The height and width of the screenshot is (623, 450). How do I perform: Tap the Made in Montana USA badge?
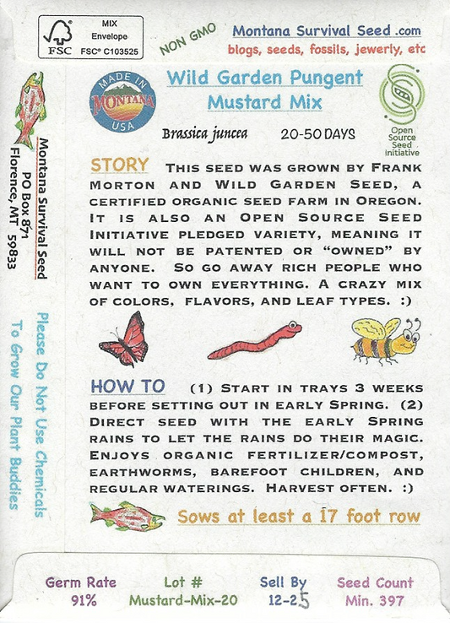(x=122, y=102)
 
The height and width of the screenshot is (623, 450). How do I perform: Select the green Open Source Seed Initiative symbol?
(x=402, y=95)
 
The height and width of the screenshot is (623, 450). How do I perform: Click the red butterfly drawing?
(x=123, y=339)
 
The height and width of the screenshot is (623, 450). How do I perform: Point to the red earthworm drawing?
(x=254, y=340)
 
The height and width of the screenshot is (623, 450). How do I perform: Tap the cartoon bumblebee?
(x=386, y=341)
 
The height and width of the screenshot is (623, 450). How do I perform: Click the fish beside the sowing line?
(x=127, y=516)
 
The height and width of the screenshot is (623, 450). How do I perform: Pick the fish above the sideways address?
(x=30, y=109)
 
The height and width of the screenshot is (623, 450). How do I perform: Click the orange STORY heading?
(x=120, y=165)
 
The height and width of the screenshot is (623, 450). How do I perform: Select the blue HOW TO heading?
(x=127, y=386)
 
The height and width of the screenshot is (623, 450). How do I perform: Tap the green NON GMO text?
(x=188, y=39)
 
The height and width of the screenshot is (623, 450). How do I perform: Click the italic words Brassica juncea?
(x=204, y=134)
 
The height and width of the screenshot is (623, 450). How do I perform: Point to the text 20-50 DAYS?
(x=318, y=134)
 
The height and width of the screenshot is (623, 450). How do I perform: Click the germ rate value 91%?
(x=84, y=600)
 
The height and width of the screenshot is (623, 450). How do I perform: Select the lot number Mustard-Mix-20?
(x=183, y=600)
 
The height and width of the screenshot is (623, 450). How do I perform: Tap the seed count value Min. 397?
(x=375, y=600)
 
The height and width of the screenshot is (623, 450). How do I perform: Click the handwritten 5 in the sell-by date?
(x=304, y=601)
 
